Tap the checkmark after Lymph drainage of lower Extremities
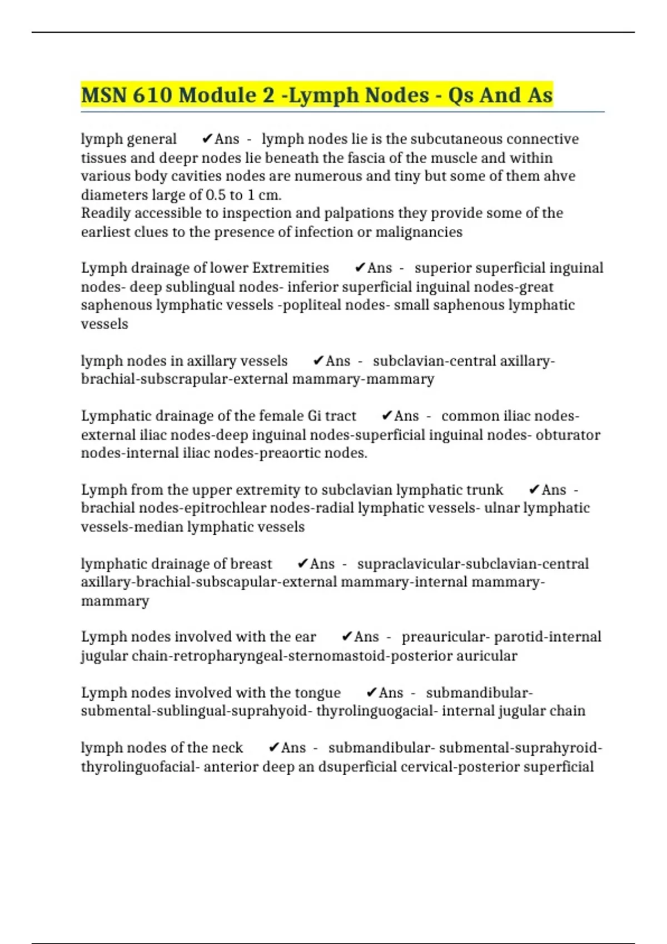[360, 268]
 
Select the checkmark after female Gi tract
[387, 416]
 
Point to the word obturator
[568, 434]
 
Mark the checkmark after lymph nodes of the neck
[273, 748]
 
